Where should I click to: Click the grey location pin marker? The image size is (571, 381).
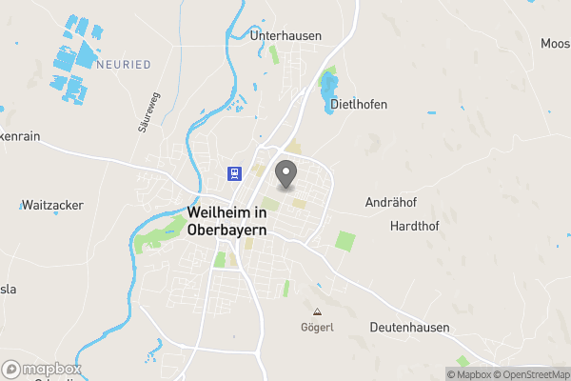coord(285,175)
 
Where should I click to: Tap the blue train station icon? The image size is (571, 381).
coord(234,172)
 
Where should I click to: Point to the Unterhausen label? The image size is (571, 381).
coord(285,35)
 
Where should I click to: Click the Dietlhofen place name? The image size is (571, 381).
coord(358,105)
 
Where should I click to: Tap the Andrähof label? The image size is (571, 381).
coord(392,203)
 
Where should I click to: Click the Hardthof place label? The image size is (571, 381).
coord(413,226)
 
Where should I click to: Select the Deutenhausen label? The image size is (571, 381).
coord(409,328)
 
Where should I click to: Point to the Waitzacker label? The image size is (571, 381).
coord(51,205)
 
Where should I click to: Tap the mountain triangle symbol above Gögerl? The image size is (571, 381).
coord(317,311)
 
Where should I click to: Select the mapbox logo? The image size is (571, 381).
coord(42,369)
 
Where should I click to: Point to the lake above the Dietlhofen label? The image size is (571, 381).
coord(330,82)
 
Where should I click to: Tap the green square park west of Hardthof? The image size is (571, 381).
coord(345,241)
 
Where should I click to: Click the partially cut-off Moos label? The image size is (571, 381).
coord(555,44)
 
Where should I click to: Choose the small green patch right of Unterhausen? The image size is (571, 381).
coord(275,53)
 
